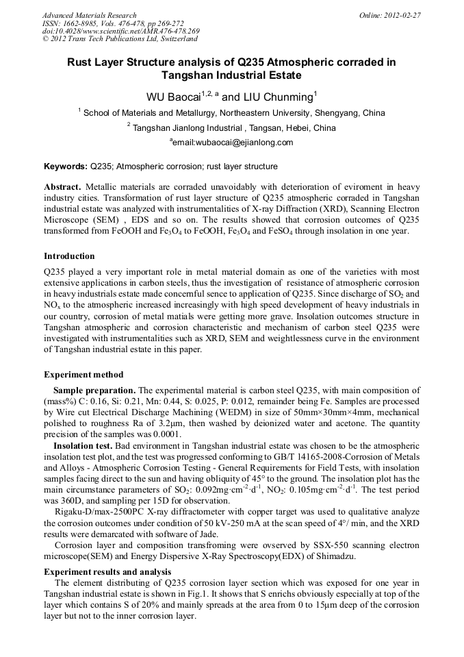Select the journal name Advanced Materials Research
(90, 14)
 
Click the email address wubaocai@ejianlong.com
(233, 142)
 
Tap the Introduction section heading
(69, 256)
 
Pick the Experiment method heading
(83, 375)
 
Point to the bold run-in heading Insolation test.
(82, 445)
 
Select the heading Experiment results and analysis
(107, 571)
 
